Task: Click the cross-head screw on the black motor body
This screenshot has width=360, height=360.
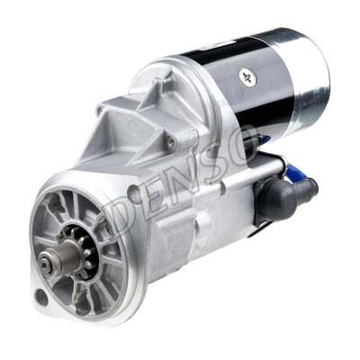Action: (x=245, y=77)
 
